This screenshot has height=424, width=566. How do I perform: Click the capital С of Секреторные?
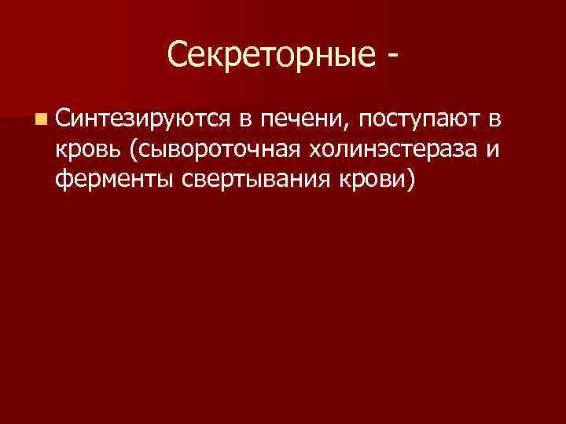[177, 56]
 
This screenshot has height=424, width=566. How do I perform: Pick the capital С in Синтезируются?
[64, 119]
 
